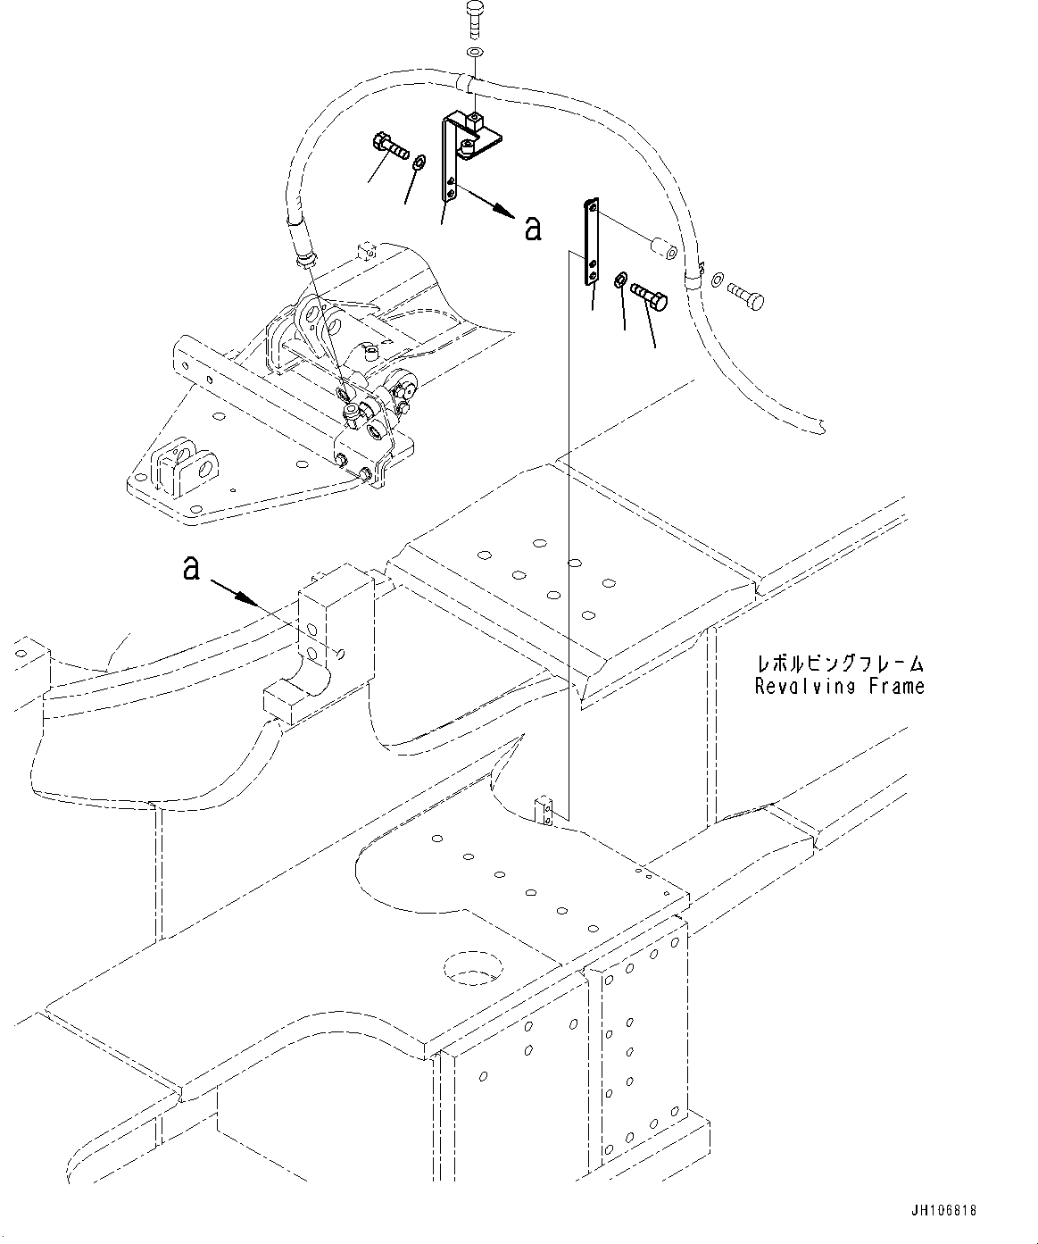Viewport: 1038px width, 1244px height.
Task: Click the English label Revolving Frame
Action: [x=839, y=686]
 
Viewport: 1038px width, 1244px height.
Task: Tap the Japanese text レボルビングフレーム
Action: [x=839, y=664]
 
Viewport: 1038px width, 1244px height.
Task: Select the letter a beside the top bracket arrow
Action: [x=533, y=229]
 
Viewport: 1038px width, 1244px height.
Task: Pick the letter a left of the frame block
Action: [x=190, y=567]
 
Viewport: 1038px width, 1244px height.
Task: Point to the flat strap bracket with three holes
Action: [x=590, y=243]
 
